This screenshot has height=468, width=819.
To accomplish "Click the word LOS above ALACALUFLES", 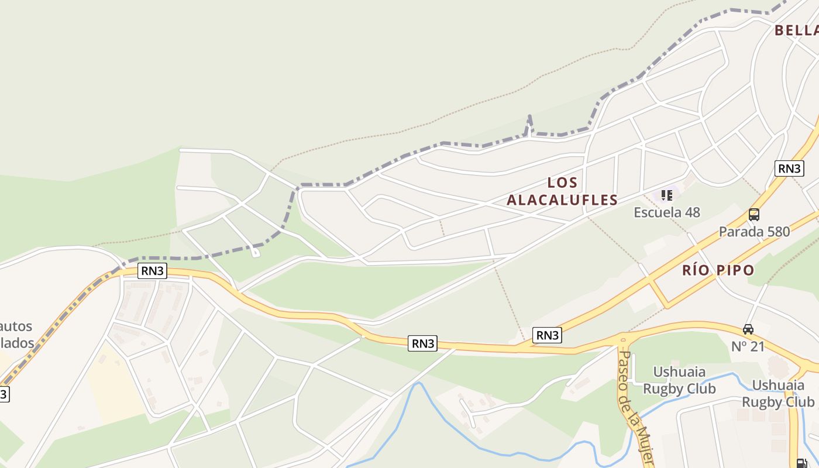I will pos(562,183).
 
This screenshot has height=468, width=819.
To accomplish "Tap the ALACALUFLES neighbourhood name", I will pos(562,200).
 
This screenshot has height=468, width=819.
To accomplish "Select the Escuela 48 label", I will pos(667,212).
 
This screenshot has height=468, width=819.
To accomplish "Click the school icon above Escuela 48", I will pos(666,195).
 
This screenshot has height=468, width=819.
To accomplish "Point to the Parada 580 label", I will pos(754,232).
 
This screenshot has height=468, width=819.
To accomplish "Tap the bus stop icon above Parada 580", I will pos(754,215).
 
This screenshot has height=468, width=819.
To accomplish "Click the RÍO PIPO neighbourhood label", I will pos(718,270).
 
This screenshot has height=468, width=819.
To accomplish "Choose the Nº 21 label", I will pos(748,346).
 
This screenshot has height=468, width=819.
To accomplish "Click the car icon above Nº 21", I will pos(748,329).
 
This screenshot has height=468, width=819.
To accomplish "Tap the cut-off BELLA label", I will pos(797,30).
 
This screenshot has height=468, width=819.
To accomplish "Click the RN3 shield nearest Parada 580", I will pos(789,168).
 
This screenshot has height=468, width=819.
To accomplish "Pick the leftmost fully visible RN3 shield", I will pos(153,271).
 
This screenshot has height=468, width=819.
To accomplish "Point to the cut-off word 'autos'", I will pos(16,326).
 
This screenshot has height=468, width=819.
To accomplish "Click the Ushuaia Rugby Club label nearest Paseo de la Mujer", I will pos(679,380).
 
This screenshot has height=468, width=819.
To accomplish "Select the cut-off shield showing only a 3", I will pos(4,394).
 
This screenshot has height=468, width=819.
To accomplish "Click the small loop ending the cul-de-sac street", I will pos(255,253).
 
